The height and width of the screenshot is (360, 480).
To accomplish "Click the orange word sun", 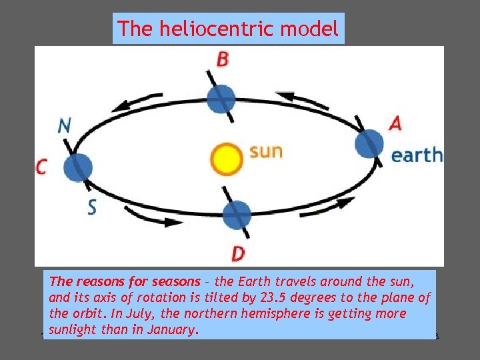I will pyautogui.click(x=265, y=151).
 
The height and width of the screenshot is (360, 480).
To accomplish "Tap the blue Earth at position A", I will pyautogui.click(x=369, y=144).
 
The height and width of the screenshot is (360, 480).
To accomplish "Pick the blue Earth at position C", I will pyautogui.click(x=79, y=166).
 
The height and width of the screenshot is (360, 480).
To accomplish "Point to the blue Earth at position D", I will pyautogui.click(x=236, y=215).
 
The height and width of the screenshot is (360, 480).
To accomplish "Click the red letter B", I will pyautogui.click(x=223, y=59).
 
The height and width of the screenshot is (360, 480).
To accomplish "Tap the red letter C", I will pyautogui.click(x=41, y=167).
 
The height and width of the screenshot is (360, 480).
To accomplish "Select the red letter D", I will pyautogui.click(x=238, y=253).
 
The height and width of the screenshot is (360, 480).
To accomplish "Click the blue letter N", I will pyautogui.click(x=64, y=125).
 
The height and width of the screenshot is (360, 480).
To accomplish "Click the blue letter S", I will pyautogui.click(x=92, y=207).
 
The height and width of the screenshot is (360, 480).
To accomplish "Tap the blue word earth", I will pyautogui.click(x=416, y=155).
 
